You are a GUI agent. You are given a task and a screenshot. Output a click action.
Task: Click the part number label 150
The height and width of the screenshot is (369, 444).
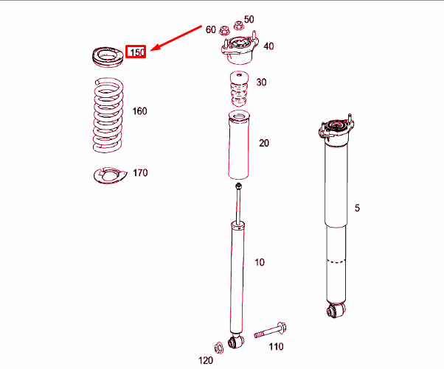tap(137, 52)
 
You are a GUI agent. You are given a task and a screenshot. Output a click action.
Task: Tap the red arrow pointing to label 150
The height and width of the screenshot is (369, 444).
tap(176, 38)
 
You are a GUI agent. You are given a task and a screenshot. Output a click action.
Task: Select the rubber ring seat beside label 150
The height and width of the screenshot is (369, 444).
tap(108, 57)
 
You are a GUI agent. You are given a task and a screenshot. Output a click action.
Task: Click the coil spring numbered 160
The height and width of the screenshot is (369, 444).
tap(108, 115)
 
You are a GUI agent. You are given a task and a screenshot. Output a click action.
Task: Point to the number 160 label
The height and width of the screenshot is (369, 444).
tap(139, 111)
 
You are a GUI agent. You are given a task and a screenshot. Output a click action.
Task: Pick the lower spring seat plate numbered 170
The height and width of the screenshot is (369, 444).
tap(110, 175)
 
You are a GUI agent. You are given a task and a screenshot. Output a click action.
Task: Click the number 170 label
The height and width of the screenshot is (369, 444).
tap(140, 173)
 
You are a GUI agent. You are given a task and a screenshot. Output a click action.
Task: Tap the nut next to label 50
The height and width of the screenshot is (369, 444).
tap(238, 26)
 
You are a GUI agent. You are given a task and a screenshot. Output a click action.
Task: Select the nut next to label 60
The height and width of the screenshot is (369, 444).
tap(224, 30)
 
